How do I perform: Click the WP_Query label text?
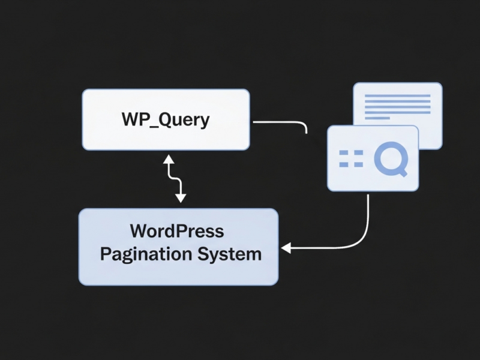(x=166, y=119)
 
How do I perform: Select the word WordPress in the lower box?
(x=176, y=231)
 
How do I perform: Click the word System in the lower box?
(x=230, y=253)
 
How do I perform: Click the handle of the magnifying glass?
(x=403, y=172)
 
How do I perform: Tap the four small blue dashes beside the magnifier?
(x=351, y=159)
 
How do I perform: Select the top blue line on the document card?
(x=398, y=96)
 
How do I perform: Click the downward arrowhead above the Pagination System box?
(x=181, y=199)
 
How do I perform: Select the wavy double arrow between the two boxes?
(x=175, y=178)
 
